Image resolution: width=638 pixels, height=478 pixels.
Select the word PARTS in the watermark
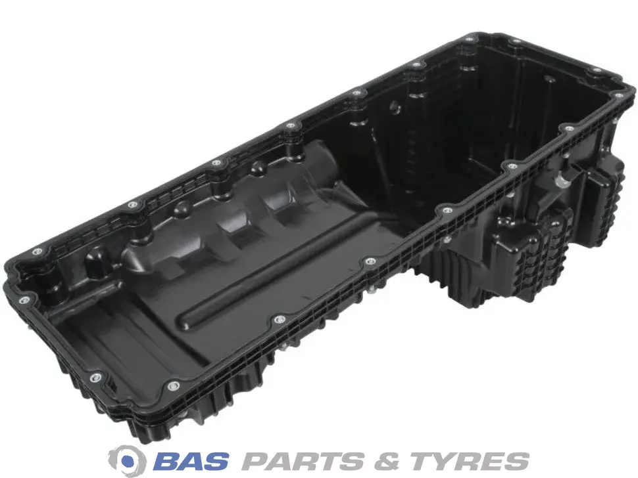click(x=301, y=460)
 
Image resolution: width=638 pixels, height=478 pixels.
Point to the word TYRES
click(x=469, y=460)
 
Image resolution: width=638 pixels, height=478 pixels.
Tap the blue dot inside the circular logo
click(x=128, y=461)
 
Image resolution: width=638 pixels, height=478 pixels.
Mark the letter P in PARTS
click(x=255, y=460)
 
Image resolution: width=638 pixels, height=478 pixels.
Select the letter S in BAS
click(x=215, y=460)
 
